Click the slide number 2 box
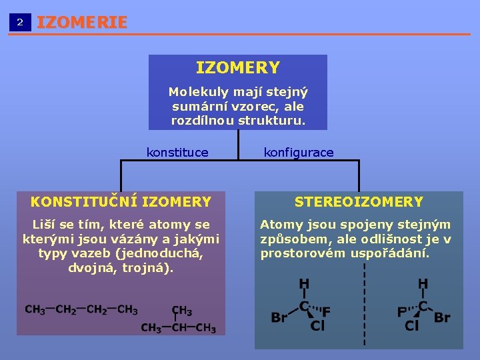[20, 22]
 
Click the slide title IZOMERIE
[81, 22]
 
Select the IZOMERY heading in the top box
[237, 68]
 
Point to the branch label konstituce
[177, 153]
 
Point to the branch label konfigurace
[299, 153]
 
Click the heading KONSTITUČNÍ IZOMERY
[121, 201]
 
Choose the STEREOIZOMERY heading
[359, 201]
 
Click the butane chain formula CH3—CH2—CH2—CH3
[81, 310]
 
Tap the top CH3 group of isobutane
[181, 311]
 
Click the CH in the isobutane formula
[179, 328]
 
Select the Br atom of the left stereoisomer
[279, 317]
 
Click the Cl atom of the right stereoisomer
[412, 327]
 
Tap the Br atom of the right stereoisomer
[442, 317]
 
